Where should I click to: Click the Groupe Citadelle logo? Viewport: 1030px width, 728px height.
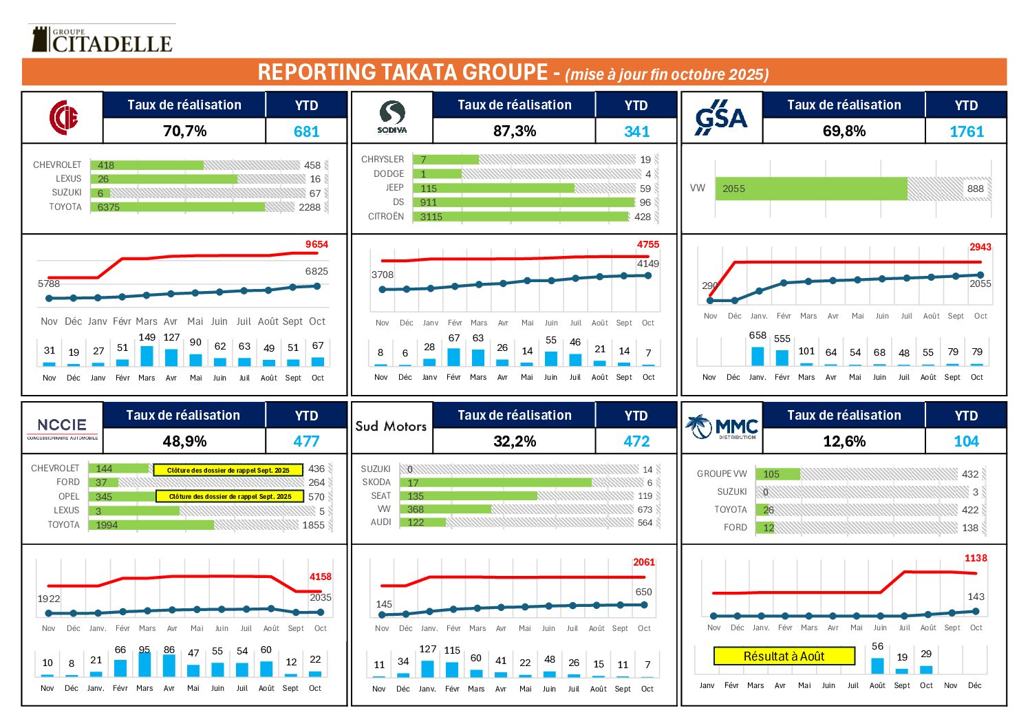102,40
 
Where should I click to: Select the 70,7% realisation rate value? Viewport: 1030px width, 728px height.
184,131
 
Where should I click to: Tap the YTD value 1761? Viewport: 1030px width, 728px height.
966,131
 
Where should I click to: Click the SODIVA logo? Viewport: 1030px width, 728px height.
392,117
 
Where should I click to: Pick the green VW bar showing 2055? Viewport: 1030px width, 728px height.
812,189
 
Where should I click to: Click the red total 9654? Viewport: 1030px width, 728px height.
316,244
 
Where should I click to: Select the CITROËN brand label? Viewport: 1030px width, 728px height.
386,217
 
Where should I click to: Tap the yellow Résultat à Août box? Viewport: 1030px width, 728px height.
784,656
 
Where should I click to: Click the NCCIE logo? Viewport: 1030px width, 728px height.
62,427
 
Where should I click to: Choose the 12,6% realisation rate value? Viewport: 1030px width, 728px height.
844,441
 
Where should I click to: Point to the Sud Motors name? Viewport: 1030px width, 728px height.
391,426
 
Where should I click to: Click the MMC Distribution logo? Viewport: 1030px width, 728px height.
722,427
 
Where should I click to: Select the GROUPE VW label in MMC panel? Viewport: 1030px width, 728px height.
722,474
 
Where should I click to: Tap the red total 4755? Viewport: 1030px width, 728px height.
647,244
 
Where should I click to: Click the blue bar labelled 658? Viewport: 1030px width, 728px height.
758,356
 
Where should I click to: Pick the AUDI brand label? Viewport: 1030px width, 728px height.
380,522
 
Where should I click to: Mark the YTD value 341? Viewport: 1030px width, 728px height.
636,131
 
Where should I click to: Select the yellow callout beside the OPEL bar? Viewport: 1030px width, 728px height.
230,496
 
